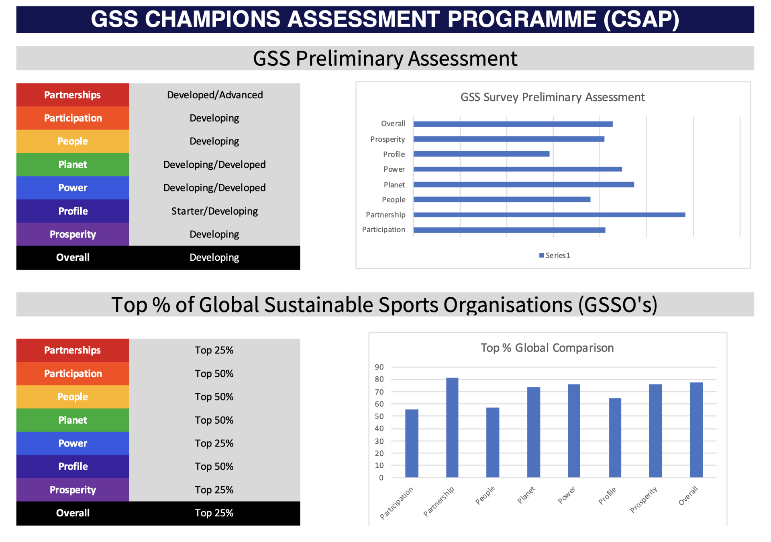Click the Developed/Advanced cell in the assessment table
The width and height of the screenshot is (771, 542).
coord(215,95)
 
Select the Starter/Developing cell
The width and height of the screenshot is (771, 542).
coord(214,211)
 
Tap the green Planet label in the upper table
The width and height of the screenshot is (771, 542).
coord(73,164)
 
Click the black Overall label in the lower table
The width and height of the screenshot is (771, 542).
coord(73,513)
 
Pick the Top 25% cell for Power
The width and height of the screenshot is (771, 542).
coord(214,443)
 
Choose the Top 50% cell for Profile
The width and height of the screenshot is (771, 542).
coord(214,467)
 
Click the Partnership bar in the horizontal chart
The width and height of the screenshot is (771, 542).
coord(549,215)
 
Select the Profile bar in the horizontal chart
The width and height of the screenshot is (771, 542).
coord(481,154)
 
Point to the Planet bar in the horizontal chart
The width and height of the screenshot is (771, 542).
coord(523,185)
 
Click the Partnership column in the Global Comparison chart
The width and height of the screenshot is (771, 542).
coord(452,427)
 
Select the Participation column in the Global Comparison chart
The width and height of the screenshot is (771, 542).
coord(412,443)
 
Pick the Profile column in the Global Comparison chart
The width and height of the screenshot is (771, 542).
coord(615,438)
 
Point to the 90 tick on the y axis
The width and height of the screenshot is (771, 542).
coord(379,367)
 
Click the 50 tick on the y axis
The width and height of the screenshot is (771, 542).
coord(379,416)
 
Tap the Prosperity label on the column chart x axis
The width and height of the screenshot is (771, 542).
coord(644,499)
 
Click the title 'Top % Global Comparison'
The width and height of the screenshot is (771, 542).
coord(547,348)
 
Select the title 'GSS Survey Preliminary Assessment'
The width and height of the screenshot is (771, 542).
coord(552,97)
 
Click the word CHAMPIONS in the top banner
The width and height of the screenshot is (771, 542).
coord(212,19)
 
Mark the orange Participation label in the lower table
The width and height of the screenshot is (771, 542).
coord(73,374)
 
